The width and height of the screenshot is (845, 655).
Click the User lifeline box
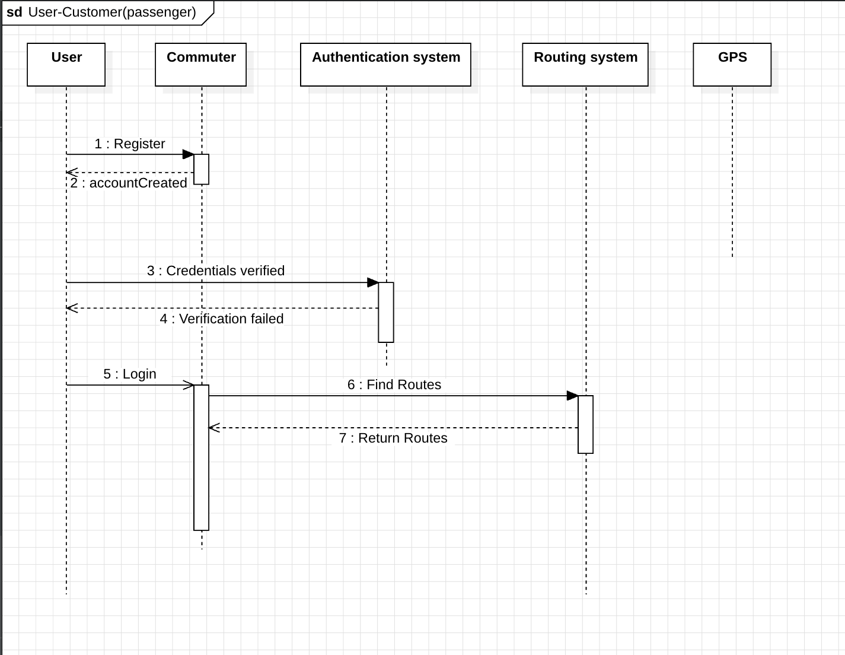(x=66, y=64)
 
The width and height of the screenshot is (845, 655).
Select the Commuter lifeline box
(x=200, y=64)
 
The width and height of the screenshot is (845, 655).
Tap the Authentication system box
(x=385, y=64)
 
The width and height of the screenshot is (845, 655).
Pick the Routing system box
(x=585, y=64)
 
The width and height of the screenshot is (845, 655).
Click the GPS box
(x=732, y=64)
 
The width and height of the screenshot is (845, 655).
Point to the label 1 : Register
(x=130, y=144)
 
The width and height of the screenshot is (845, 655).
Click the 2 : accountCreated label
(x=129, y=183)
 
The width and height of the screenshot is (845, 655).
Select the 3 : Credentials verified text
(x=216, y=271)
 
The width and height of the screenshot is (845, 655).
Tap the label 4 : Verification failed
(x=222, y=319)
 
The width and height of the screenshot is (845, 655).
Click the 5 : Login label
(x=130, y=374)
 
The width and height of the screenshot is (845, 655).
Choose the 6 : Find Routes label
(x=394, y=384)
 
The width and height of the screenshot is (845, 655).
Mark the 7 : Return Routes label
(x=393, y=438)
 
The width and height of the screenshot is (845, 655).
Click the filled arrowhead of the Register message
(x=189, y=154)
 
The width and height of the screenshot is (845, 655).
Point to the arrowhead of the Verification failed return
(x=72, y=308)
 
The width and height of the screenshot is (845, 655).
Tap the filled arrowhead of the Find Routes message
(x=573, y=396)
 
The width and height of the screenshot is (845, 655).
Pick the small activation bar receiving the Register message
(x=202, y=169)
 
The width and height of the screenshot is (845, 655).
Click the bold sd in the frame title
(x=14, y=12)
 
